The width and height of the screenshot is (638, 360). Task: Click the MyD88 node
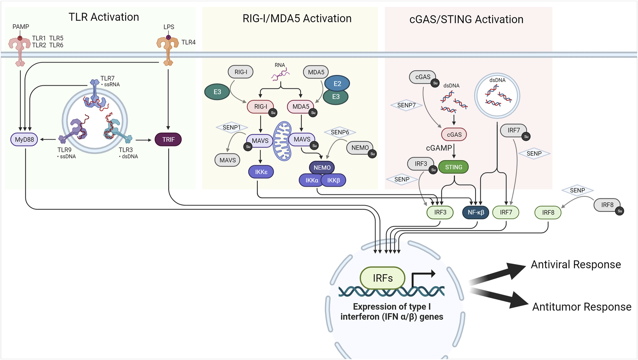click(24, 140)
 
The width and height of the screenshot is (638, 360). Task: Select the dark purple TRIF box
click(168, 140)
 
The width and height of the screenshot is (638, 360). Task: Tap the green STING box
click(453, 167)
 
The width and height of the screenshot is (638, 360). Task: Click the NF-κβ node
click(476, 212)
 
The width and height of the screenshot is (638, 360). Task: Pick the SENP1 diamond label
click(232, 127)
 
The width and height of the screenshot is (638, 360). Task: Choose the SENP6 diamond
click(340, 132)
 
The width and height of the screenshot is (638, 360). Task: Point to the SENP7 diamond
click(406, 105)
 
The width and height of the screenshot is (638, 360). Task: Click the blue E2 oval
click(337, 84)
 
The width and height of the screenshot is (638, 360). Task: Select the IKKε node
click(261, 172)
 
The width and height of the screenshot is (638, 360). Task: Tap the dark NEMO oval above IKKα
click(322, 167)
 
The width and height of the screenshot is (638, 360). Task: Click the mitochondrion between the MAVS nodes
click(282, 141)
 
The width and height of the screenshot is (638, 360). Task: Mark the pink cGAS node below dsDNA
click(454, 135)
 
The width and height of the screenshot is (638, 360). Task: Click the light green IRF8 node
click(548, 213)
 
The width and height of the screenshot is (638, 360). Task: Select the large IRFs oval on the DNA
click(382, 278)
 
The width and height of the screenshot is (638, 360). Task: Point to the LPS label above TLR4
click(169, 27)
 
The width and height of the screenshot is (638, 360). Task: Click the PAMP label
click(21, 27)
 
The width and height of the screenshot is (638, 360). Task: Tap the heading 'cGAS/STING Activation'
click(466, 19)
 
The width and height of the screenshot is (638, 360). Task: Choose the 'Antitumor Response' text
click(581, 307)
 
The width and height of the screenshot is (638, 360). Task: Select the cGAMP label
click(439, 148)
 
